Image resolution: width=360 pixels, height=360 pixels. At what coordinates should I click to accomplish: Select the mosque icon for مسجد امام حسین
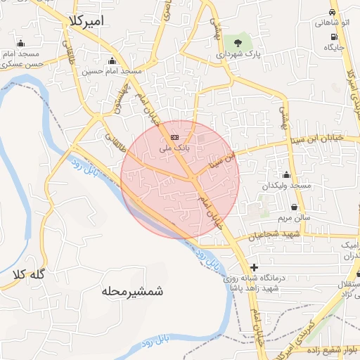[x=112, y=60]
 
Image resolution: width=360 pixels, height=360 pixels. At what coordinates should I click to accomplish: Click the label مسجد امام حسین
[x=112, y=71]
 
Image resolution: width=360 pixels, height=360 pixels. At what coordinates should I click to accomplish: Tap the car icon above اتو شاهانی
[x=332, y=13]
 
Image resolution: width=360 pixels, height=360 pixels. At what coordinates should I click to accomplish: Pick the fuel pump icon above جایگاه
[x=335, y=37]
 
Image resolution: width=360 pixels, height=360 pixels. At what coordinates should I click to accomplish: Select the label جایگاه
[x=333, y=47]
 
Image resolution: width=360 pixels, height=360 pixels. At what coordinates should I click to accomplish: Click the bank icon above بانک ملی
[x=174, y=138]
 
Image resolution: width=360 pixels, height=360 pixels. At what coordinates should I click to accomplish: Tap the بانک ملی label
[x=174, y=148]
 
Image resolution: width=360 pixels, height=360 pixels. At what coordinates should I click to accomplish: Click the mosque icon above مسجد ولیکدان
[x=285, y=175]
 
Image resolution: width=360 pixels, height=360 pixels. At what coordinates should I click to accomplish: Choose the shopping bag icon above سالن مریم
[x=293, y=207]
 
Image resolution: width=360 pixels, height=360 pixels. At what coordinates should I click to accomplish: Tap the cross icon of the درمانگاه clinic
[x=254, y=268]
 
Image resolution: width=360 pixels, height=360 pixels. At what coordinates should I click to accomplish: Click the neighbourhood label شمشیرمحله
[x=132, y=290]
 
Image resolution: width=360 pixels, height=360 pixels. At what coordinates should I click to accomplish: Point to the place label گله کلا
[x=29, y=275]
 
